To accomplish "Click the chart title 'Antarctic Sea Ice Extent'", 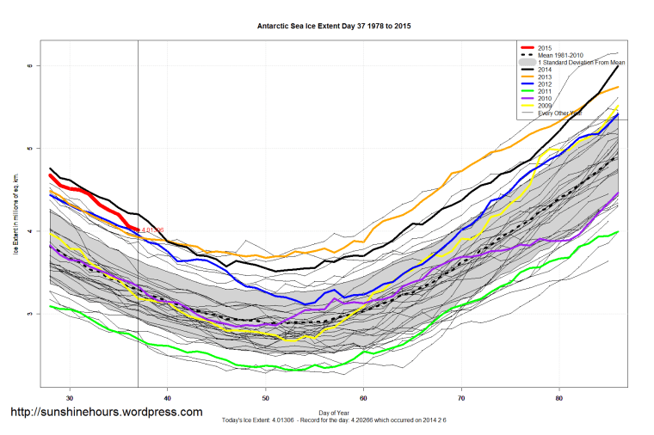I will pos(327,26).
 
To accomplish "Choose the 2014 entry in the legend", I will pos(544,70).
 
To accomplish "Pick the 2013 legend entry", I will pos(544,77).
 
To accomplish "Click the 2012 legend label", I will pos(544,85).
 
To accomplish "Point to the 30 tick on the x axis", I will pos(70,397).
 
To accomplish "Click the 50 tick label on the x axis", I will pos(266,397).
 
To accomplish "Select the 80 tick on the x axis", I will pos(560,397).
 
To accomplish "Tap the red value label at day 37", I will pos(151,230).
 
